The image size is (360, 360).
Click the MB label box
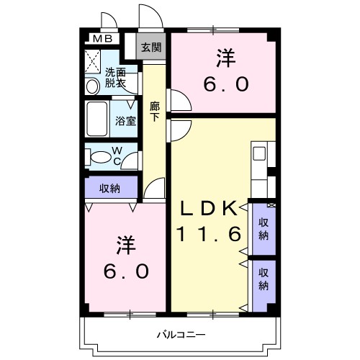pos(99,39)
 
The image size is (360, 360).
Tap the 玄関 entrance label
pos(150,48)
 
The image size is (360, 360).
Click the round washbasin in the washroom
pos(93,86)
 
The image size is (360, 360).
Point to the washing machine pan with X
pos(93,59)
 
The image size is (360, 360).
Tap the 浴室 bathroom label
pos(126,120)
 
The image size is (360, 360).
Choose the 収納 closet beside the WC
pos(110,188)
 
